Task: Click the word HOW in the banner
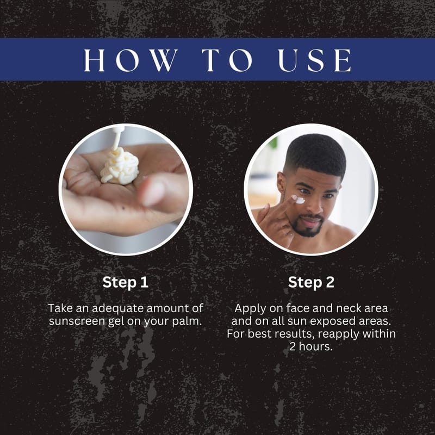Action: click(130, 60)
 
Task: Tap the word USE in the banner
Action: click(315, 60)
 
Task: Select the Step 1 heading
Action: click(126, 283)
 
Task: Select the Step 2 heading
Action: click(311, 283)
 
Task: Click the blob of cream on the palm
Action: click(120, 166)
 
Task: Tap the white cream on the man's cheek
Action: click(298, 199)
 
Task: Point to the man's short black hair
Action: click(316, 154)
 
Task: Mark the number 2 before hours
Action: click(293, 346)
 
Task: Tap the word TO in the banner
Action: click(227, 60)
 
